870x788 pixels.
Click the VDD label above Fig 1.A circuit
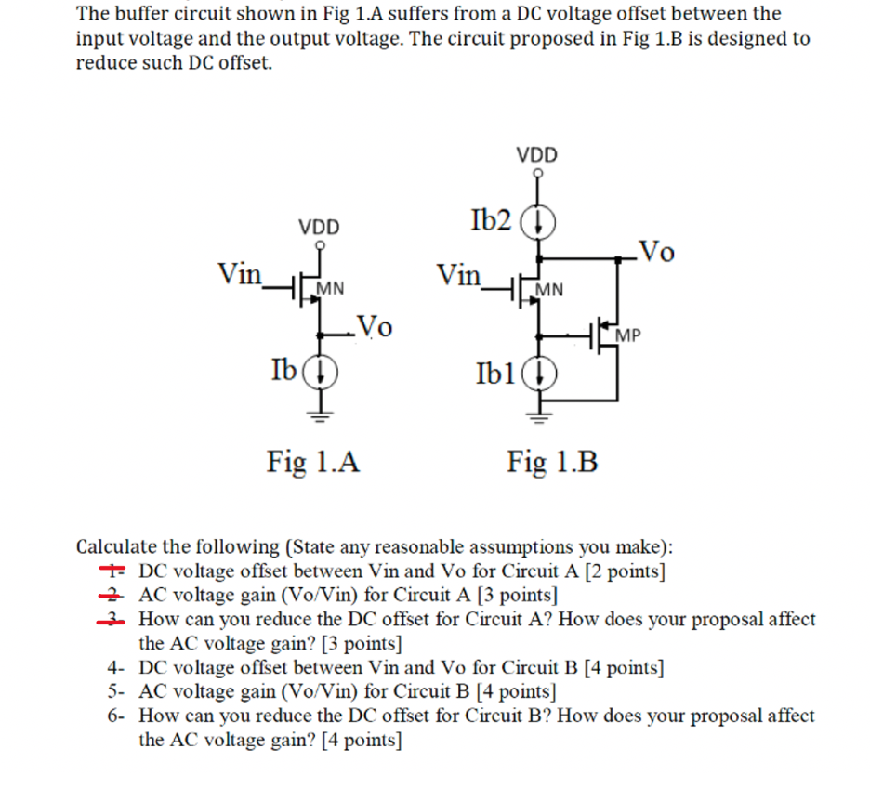pos(319,227)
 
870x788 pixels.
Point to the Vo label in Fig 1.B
pos(657,250)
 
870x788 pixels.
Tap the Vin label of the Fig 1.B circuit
pos(460,274)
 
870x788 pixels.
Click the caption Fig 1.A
pos(313,460)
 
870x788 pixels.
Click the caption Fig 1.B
pos(552,460)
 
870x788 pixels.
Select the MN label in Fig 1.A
pos(331,289)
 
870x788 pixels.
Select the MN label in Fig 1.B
pos(549,289)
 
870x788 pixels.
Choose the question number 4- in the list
pos(115,667)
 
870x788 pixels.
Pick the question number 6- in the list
pos(115,716)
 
